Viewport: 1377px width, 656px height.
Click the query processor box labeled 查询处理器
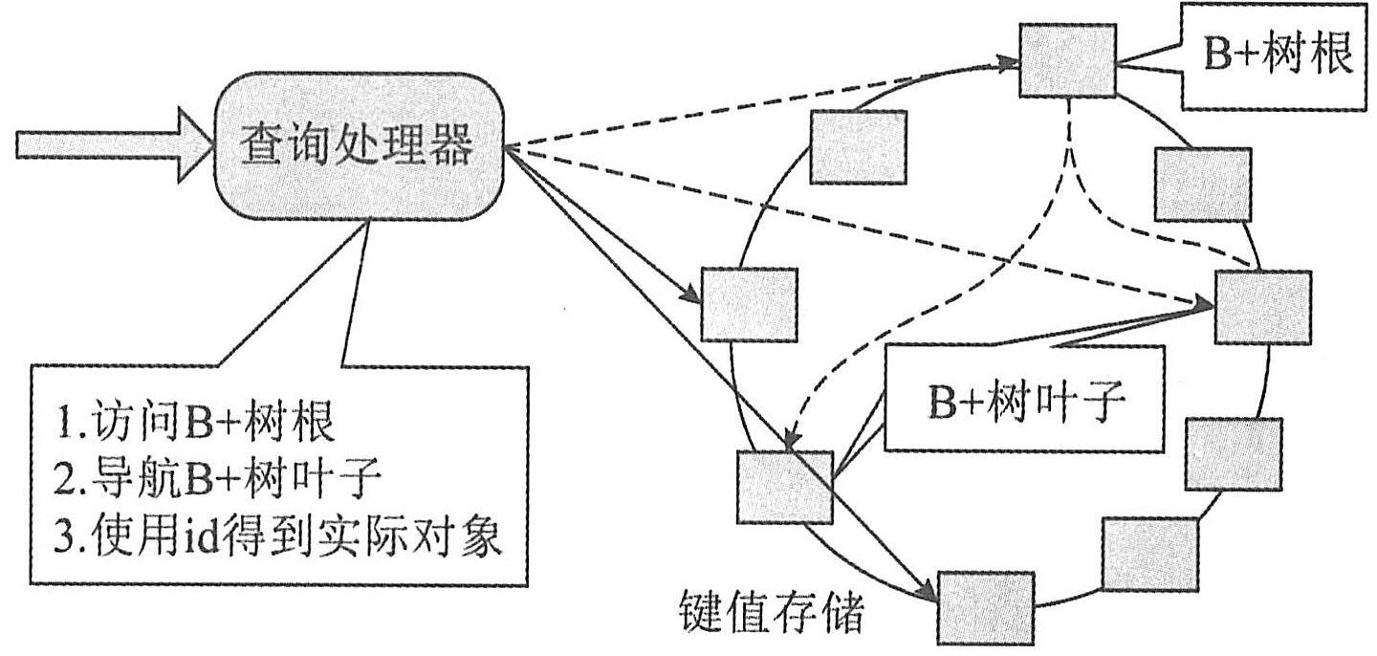click(x=358, y=149)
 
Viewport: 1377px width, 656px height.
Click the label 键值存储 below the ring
click(x=771, y=615)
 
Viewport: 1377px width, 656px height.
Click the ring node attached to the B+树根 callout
click(x=1068, y=60)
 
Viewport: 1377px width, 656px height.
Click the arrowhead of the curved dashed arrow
click(x=791, y=442)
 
